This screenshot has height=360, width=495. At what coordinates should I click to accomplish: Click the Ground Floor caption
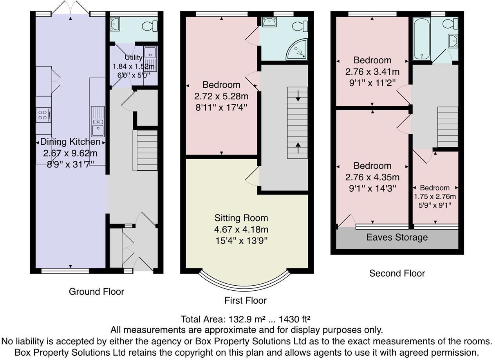click(x=96, y=292)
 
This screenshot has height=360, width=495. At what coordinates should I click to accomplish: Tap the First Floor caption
click(x=246, y=301)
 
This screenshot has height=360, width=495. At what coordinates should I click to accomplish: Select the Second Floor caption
click(x=397, y=273)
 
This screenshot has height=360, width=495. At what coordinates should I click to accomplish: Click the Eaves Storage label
click(x=397, y=238)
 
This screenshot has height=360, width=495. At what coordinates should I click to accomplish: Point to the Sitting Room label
click(x=241, y=218)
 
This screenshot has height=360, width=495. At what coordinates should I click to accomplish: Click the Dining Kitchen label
click(x=70, y=142)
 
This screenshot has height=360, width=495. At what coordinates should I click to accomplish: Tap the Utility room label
click(x=134, y=58)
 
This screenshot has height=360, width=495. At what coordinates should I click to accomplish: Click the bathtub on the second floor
click(x=422, y=39)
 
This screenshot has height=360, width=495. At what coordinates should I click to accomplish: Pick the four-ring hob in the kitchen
click(x=43, y=115)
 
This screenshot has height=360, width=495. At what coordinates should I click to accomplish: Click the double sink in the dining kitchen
click(x=98, y=121)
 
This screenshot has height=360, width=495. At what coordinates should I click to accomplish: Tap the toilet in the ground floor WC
click(x=150, y=26)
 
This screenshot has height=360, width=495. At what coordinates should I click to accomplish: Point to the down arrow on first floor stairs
click(x=298, y=96)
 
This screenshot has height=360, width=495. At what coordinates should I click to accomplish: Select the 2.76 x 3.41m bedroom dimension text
click(x=372, y=72)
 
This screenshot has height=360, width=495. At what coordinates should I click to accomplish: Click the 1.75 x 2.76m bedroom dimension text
click(x=435, y=196)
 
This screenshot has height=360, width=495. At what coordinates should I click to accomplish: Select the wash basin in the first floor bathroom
click(x=269, y=23)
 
